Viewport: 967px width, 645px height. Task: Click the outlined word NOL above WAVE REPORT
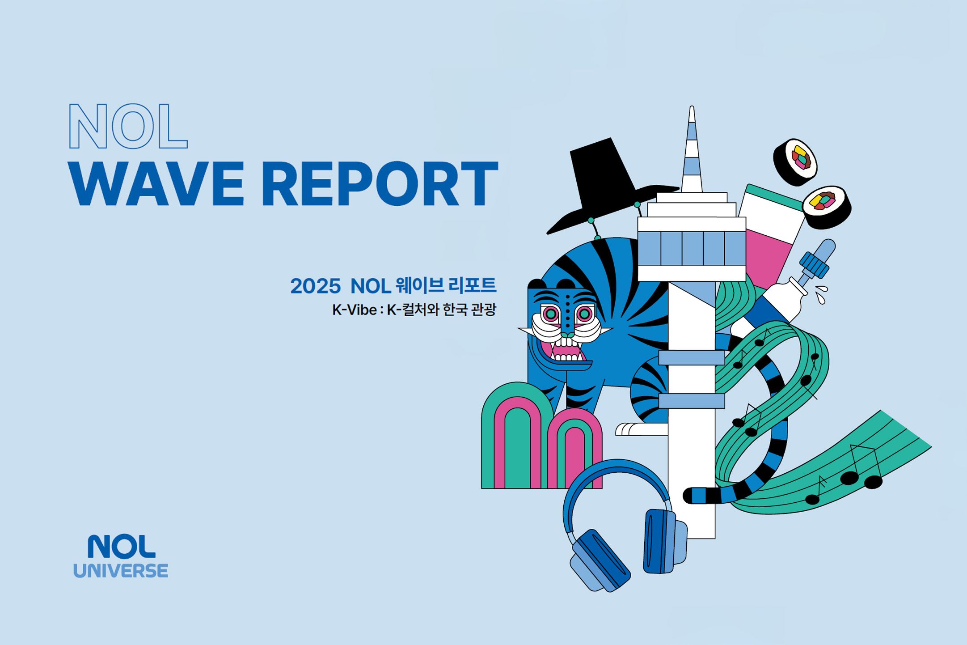128,126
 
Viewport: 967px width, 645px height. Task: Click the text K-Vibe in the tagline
354,310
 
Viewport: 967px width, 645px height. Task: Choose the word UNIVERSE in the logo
121,571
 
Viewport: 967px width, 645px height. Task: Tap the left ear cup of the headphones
600,561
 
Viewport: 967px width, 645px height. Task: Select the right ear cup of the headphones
664,541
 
